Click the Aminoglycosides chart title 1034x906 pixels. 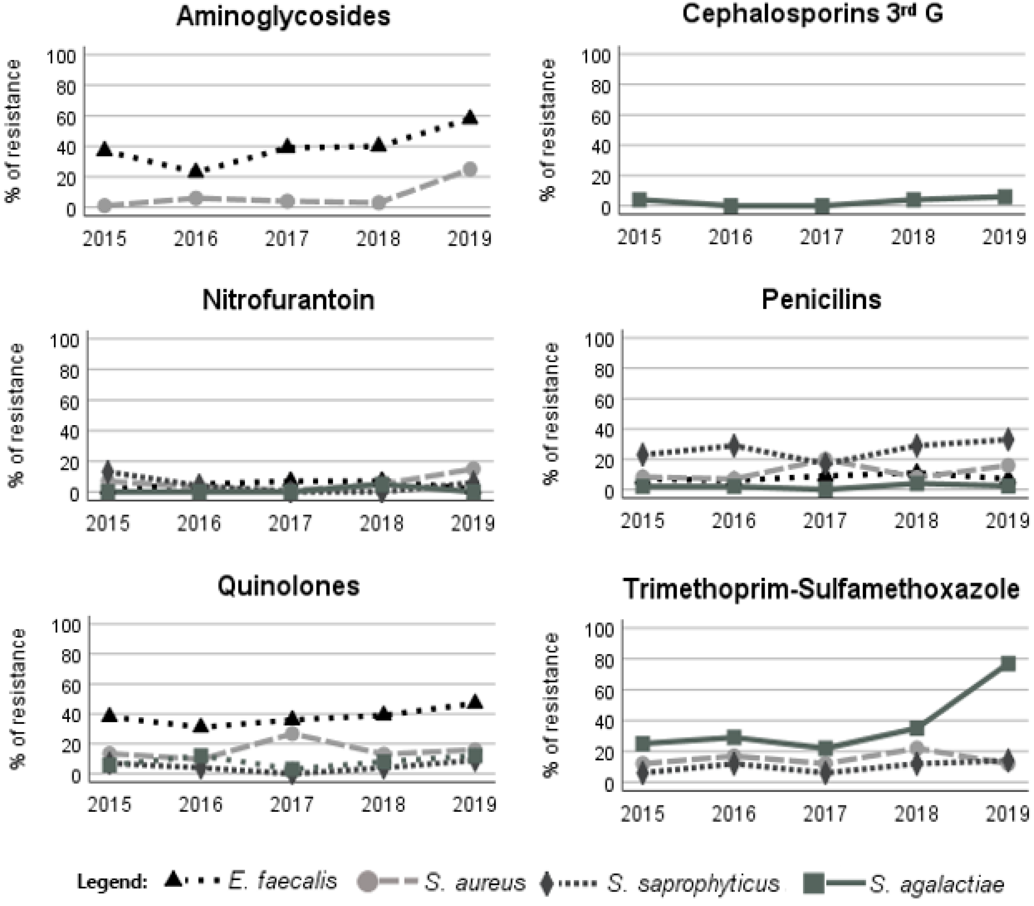283,17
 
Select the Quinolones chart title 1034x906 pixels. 288,586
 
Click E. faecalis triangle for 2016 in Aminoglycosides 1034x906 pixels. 196,171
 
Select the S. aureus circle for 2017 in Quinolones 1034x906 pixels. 292,734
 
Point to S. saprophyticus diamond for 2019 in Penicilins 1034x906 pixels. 1008,439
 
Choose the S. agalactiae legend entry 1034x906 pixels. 937,883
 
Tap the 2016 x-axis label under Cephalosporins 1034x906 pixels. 730,237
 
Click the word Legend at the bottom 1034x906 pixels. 112,882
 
